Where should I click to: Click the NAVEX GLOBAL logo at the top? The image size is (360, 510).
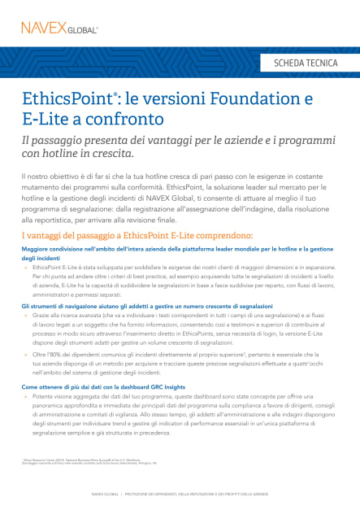pos(59,28)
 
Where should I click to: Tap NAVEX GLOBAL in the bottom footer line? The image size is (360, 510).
pos(106,495)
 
